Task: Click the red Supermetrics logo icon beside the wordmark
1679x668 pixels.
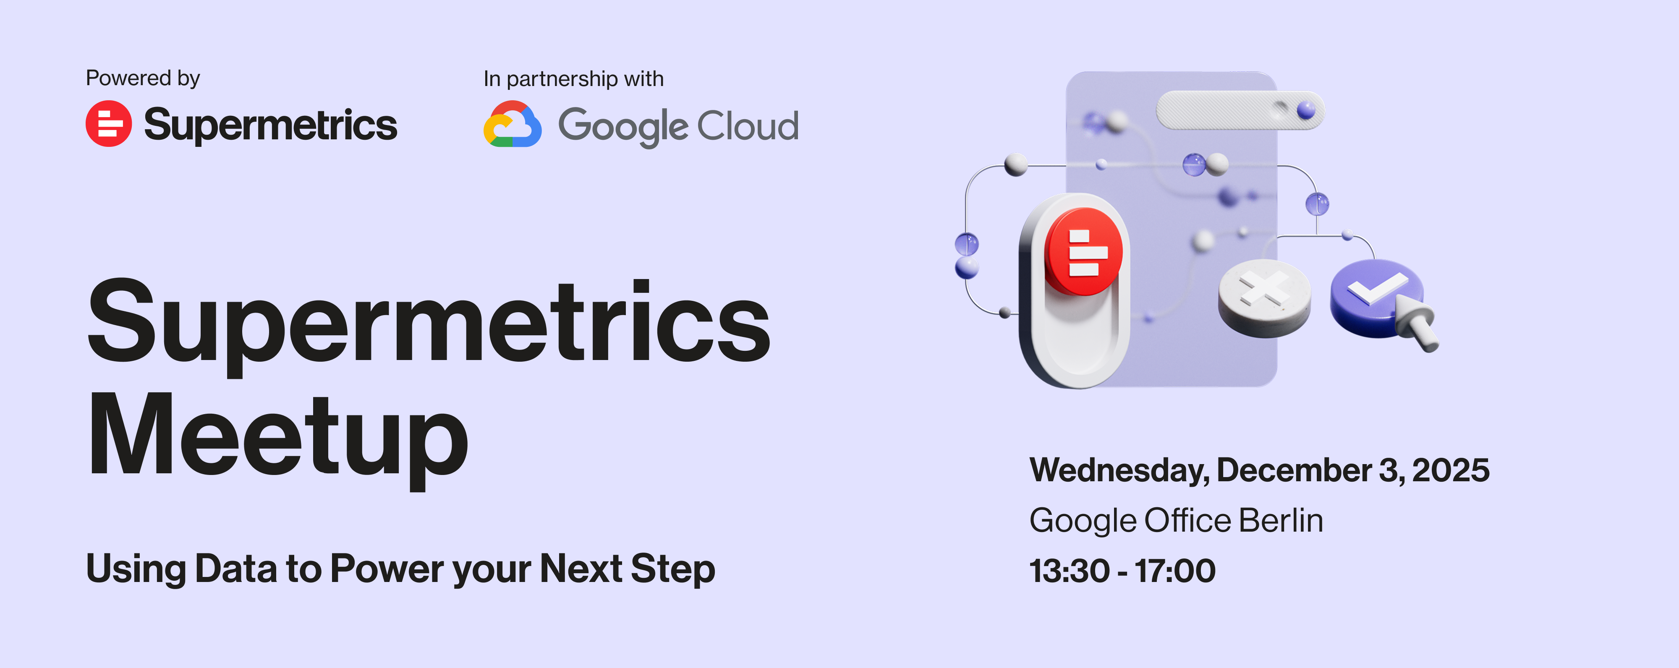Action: click(108, 123)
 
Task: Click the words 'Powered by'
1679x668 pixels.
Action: click(143, 78)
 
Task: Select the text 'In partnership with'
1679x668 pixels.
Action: click(573, 79)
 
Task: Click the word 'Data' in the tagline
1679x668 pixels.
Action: click(235, 568)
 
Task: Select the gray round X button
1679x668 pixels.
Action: click(1264, 298)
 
